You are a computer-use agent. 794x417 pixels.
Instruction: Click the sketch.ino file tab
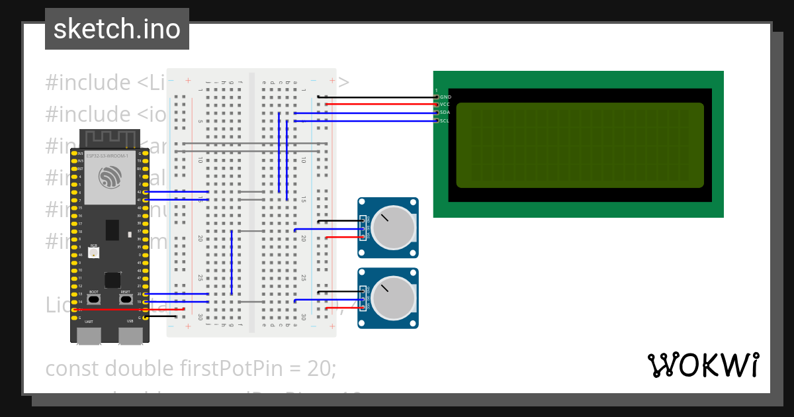coord(117,29)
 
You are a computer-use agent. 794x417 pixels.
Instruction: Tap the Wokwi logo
coord(703,365)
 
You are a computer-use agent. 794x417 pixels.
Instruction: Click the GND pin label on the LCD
coord(445,97)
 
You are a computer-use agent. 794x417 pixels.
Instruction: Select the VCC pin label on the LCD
coord(445,105)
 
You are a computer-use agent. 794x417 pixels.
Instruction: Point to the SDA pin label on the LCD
coord(445,113)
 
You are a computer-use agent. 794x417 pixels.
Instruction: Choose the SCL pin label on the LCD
coord(445,120)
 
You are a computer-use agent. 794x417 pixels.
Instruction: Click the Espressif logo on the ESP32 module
coord(110,177)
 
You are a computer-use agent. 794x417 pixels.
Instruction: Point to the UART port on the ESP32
coord(89,334)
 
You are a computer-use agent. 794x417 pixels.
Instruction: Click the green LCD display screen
coord(580,145)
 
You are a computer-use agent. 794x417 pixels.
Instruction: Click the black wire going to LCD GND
coord(377,97)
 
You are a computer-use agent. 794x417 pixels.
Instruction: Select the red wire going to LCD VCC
coord(377,105)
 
